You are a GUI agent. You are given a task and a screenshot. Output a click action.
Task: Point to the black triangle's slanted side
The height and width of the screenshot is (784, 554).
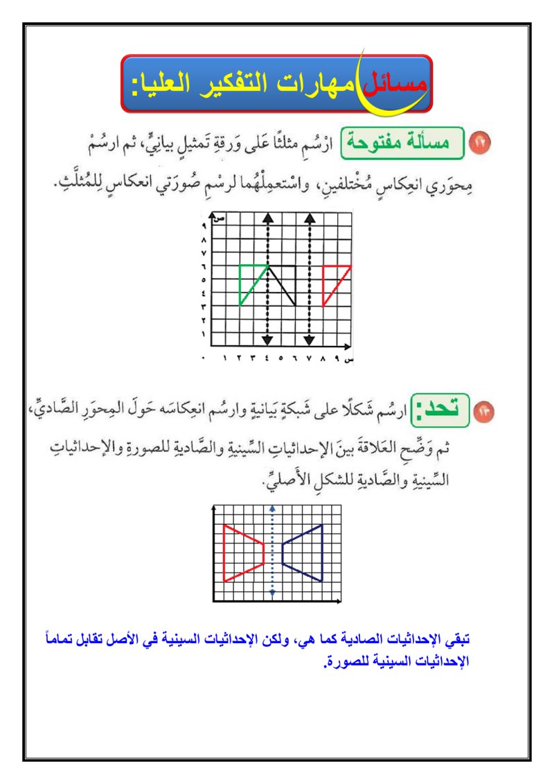tap(283, 285)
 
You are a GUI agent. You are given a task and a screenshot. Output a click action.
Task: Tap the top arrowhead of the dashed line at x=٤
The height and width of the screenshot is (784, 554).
tap(267, 218)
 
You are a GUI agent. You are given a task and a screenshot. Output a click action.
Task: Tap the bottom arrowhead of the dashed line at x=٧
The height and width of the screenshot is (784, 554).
tap(310, 340)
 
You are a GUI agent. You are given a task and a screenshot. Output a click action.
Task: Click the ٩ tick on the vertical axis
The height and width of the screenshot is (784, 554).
tap(204, 226)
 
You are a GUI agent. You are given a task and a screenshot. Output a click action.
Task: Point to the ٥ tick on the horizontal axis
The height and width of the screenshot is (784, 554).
tap(281, 359)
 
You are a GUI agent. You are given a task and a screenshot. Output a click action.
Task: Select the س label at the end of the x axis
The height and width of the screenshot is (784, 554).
tap(350, 360)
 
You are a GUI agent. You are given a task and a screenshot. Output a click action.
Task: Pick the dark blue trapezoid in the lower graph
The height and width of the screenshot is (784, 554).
tap(305, 552)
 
